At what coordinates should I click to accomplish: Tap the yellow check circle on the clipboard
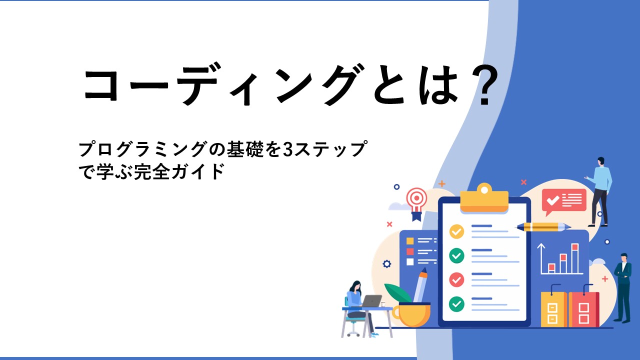[456, 231]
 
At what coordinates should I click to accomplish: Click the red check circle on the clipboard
[456, 279]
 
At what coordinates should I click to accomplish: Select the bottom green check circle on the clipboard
[456, 303]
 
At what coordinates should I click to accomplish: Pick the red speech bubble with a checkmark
[563, 201]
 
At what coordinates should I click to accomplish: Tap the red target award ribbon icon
[416, 203]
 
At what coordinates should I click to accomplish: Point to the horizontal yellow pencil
[543, 227]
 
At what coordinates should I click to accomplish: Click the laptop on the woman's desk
[371, 301]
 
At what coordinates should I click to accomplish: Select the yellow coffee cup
[411, 314]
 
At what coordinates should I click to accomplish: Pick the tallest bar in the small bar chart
[575, 258]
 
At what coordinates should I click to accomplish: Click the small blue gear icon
[387, 263]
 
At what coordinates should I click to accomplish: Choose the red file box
[583, 309]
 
